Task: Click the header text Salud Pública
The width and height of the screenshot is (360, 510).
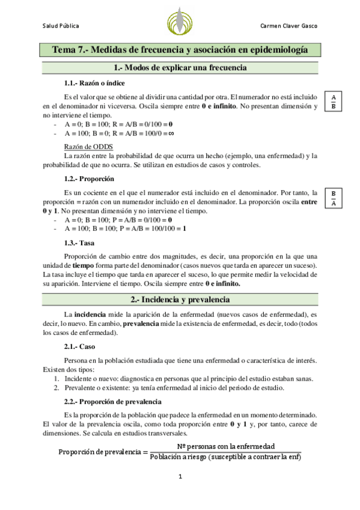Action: coord(60,26)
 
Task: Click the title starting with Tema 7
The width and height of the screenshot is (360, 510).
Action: coord(180,51)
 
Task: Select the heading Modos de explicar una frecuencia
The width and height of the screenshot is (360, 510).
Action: coord(180,67)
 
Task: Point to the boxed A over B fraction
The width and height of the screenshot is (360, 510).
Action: coord(334,102)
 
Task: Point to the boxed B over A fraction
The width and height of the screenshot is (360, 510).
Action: coord(334,197)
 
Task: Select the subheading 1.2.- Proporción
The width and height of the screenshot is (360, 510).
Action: coord(89,179)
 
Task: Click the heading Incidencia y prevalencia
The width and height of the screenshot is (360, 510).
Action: coord(180,299)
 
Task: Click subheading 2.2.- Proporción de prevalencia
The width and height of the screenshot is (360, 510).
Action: coord(111,401)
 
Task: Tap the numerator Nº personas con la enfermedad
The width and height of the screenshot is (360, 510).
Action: coord(225,446)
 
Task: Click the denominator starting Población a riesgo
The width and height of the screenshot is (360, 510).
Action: coord(225,456)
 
